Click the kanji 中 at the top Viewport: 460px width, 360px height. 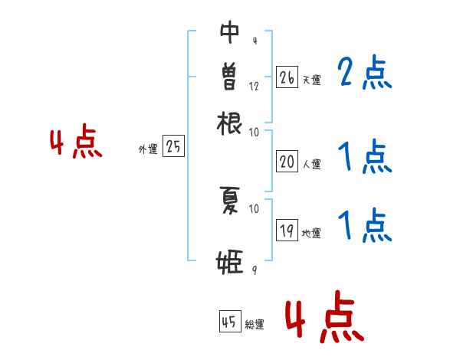coord(230,34)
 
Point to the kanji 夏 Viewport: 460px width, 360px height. coord(230,201)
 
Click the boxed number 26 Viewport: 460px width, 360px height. coord(287,77)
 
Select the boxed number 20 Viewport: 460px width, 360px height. coord(287,161)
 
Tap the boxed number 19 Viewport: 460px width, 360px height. coord(287,231)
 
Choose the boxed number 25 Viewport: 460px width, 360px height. coord(173,147)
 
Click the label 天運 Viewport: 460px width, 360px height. coord(311,80)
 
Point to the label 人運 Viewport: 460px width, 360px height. coord(311,163)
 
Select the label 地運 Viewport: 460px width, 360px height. coord(311,234)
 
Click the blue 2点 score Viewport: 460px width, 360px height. coord(365,74)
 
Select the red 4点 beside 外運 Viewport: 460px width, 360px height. coord(76,144)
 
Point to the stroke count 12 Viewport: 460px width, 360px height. coord(254,87)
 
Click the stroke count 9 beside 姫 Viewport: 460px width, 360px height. coord(253,270)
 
